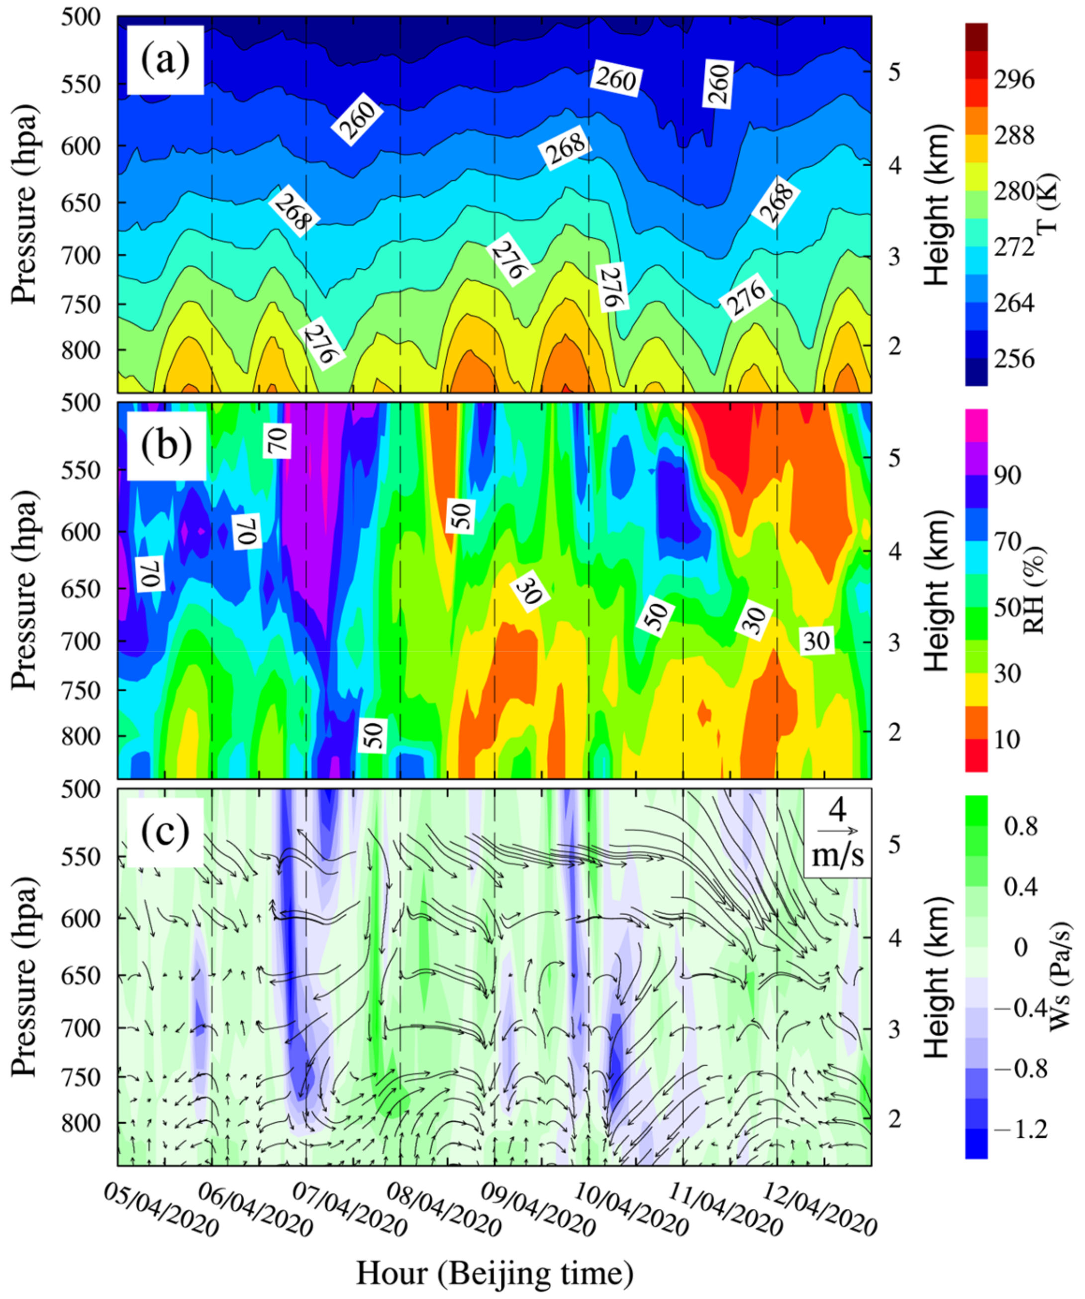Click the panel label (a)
165,60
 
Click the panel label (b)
166,445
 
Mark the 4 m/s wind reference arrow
837,830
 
